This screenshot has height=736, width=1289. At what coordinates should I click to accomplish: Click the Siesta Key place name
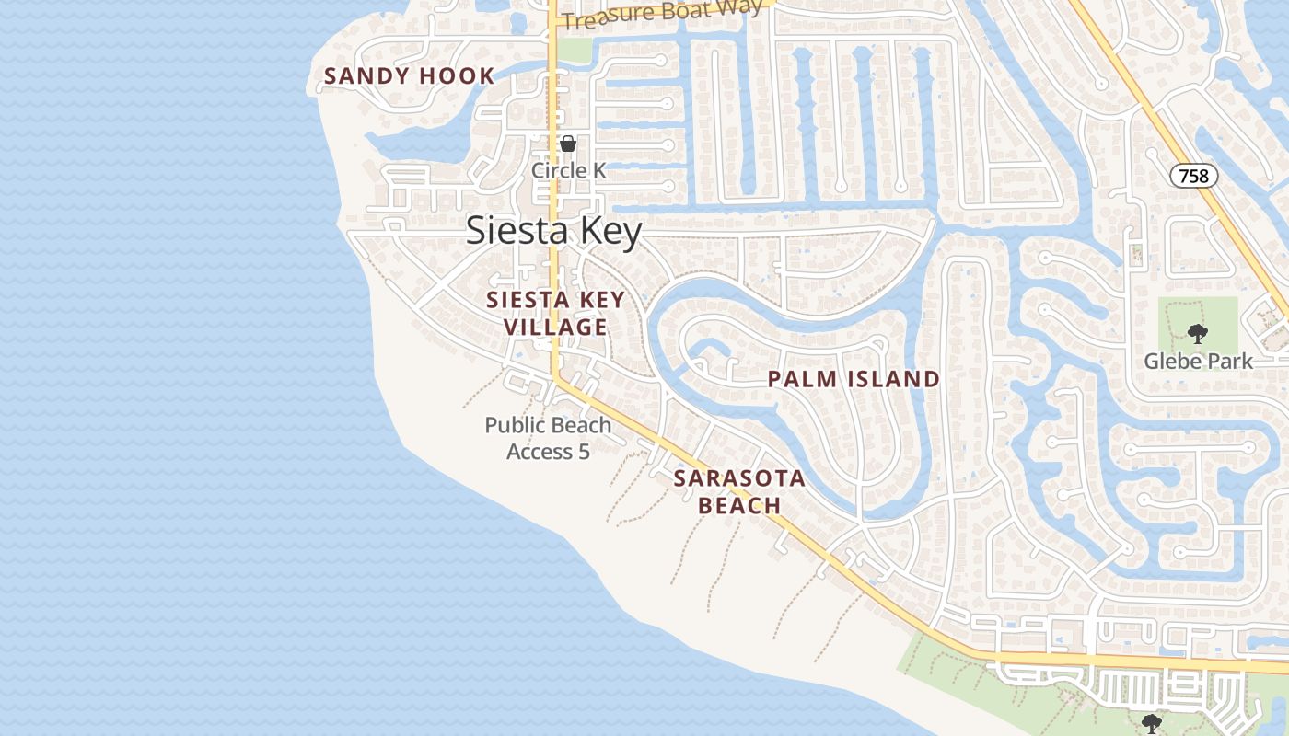pos(553,231)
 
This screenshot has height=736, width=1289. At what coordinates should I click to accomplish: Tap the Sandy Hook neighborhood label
pos(409,76)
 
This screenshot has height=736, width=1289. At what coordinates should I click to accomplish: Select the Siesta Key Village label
pos(555,313)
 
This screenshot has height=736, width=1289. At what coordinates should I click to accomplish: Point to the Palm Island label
pos(854,379)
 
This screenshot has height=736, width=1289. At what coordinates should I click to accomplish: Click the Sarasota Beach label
pos(739,491)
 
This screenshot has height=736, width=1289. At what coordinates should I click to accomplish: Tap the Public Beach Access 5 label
pos(548,438)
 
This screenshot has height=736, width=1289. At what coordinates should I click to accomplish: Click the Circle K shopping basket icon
pos(568,144)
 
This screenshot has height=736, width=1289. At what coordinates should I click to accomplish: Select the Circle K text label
pos(568,171)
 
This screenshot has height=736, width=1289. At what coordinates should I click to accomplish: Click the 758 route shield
pos(1194,176)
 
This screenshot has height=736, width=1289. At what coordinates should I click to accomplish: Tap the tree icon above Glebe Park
pos(1197,334)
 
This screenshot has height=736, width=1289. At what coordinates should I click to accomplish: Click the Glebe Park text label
pos(1198,362)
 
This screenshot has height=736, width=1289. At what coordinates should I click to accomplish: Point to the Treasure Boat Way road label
pos(662,14)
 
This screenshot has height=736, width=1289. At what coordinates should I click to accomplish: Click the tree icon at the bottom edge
pos(1151,724)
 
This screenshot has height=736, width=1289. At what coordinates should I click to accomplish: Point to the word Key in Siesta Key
pos(608,231)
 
